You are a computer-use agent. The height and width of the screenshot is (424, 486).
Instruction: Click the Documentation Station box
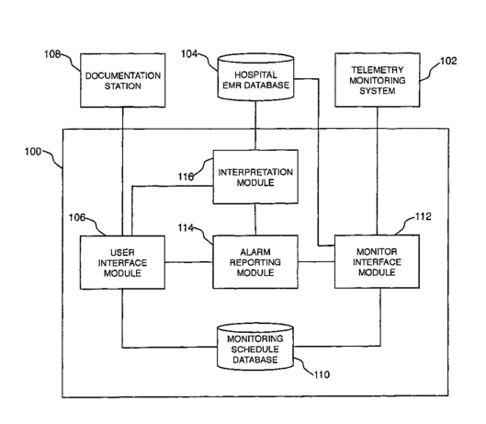click(123, 80)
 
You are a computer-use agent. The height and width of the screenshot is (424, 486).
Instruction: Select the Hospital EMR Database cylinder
click(255, 77)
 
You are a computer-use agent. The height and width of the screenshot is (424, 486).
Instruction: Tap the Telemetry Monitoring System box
click(378, 80)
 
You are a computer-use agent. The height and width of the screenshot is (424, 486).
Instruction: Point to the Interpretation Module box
click(255, 177)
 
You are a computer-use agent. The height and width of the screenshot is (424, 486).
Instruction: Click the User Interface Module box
click(122, 262)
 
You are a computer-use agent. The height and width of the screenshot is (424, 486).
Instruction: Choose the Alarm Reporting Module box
click(255, 261)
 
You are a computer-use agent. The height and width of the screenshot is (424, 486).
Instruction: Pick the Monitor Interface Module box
click(378, 261)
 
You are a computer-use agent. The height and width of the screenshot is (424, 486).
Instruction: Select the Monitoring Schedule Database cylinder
click(255, 347)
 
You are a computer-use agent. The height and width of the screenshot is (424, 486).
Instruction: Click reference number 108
click(52, 54)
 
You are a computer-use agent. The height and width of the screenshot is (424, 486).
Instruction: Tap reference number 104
click(189, 54)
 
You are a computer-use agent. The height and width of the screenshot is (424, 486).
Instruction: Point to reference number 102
click(448, 61)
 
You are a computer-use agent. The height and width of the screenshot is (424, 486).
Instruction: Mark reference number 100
click(33, 152)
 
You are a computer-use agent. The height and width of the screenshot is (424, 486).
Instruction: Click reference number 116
click(186, 177)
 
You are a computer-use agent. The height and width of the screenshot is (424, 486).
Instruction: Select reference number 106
click(77, 218)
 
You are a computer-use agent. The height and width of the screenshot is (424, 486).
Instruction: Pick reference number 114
click(186, 228)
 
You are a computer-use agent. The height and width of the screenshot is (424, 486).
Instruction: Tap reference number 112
click(424, 216)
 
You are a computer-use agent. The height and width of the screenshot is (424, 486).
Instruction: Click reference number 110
click(322, 374)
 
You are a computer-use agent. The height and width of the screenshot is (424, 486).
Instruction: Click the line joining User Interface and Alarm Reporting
click(189, 263)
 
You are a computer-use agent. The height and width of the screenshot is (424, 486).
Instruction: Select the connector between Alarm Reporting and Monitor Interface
click(316, 262)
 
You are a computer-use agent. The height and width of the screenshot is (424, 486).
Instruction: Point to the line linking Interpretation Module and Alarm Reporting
click(255, 220)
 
